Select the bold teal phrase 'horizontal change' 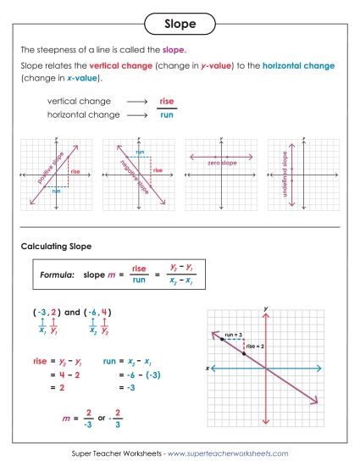[299, 65]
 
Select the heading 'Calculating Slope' [56, 247]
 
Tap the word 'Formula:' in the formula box [57, 275]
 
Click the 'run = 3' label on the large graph [234, 336]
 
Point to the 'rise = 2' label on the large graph [255, 346]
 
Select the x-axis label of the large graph [206, 368]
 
